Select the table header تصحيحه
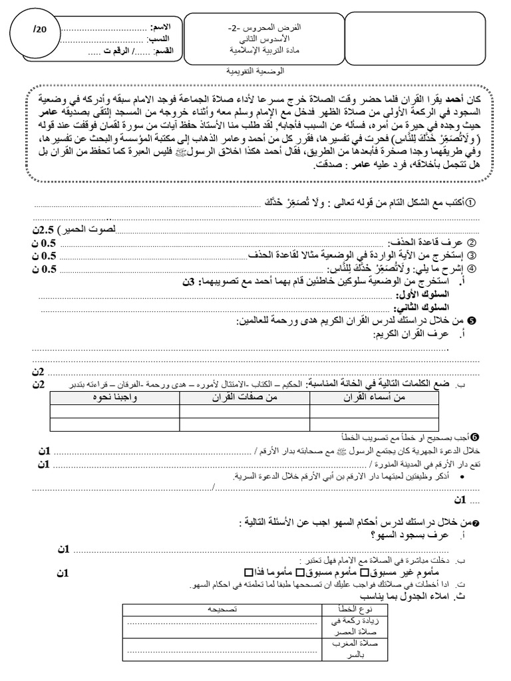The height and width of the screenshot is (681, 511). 222,609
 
